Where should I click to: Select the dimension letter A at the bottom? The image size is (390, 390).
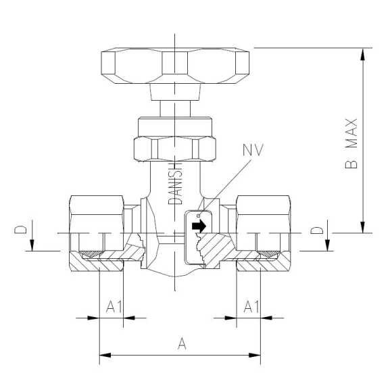(x=180, y=343)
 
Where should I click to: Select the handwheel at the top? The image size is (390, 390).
(x=175, y=65)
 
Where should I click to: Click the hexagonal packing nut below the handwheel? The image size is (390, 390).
(x=175, y=147)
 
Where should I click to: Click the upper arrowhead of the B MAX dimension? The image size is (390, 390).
(x=365, y=54)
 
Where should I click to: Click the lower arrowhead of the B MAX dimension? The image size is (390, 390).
(x=365, y=227)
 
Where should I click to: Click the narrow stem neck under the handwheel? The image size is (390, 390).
(x=174, y=108)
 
